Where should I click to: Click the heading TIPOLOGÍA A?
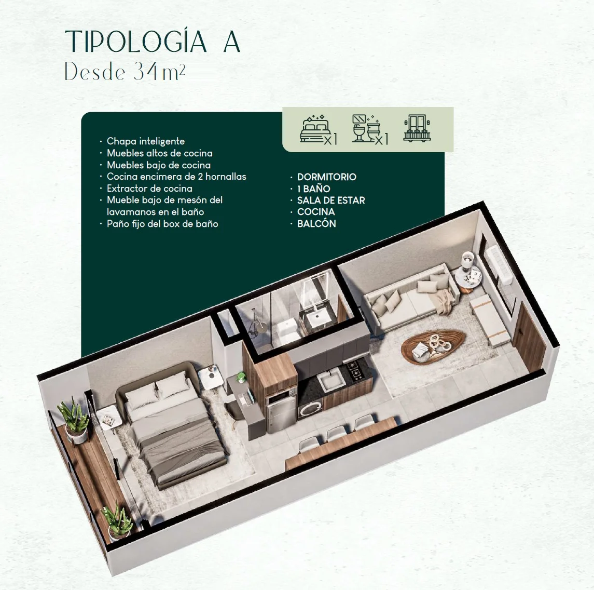[153, 41]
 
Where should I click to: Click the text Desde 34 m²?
[125, 71]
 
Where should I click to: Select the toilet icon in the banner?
[370, 129]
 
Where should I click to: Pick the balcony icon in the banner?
[418, 128]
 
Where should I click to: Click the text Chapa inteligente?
[146, 141]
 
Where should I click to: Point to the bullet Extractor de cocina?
[149, 189]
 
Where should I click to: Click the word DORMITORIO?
[326, 177]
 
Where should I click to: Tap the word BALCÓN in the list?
[316, 223]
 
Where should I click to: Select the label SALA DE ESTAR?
[330, 200]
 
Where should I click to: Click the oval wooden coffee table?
[433, 346]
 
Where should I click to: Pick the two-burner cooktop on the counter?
[355, 370]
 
